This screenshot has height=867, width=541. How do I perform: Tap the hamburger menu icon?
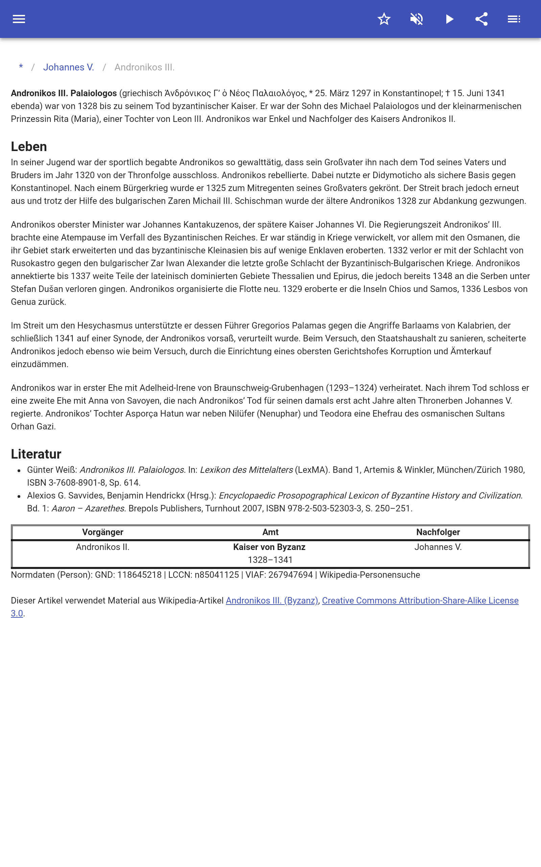(19, 19)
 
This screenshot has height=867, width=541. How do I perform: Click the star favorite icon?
(384, 19)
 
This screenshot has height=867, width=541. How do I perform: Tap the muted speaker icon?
(417, 19)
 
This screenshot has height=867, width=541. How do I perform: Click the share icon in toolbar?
(481, 19)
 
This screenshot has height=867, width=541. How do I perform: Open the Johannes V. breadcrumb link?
(68, 67)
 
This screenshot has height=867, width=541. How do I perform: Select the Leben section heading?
(29, 147)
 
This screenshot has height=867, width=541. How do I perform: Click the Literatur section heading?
(36, 454)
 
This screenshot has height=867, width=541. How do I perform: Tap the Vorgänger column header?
(103, 532)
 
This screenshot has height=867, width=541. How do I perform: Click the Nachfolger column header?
(438, 532)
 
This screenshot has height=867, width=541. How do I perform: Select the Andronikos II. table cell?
(103, 547)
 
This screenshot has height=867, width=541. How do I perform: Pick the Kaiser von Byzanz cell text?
(269, 547)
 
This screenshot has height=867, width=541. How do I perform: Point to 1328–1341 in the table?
(270, 560)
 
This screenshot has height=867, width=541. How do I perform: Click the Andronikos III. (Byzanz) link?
(272, 600)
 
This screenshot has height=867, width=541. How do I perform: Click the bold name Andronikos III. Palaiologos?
(64, 93)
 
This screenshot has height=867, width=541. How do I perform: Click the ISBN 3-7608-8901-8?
(66, 483)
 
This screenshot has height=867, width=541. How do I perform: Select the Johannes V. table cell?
(438, 547)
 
